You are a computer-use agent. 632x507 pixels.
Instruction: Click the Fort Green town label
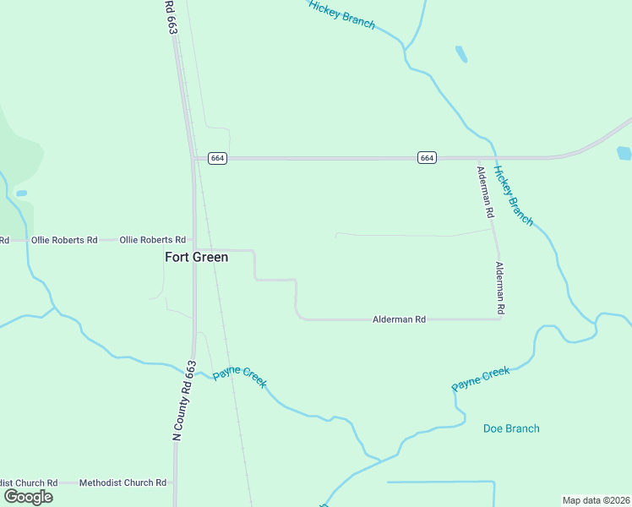point(196,257)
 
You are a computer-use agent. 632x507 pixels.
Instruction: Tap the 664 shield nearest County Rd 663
point(218,158)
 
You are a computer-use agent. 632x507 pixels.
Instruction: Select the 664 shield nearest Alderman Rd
point(427,158)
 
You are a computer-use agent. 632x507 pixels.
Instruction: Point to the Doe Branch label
point(511,428)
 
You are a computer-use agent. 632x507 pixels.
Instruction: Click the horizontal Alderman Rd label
point(400,319)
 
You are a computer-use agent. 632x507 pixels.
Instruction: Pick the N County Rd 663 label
point(184,401)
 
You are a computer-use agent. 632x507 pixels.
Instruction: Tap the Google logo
point(28,496)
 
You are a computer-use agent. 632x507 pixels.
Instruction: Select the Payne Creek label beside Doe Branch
point(481,378)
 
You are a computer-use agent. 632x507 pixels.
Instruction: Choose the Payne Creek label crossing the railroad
point(240,377)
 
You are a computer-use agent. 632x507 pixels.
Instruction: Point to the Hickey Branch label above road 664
point(341,14)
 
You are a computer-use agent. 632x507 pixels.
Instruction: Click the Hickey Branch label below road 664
point(514,196)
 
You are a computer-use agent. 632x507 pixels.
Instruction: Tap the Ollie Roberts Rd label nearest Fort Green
point(152,240)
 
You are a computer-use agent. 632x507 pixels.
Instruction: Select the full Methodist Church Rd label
point(123,482)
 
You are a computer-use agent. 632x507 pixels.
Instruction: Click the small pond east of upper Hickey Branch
point(461,55)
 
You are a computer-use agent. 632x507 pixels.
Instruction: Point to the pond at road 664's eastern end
point(624,153)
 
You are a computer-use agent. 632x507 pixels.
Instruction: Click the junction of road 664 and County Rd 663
point(193,158)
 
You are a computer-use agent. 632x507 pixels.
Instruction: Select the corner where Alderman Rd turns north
point(500,318)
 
